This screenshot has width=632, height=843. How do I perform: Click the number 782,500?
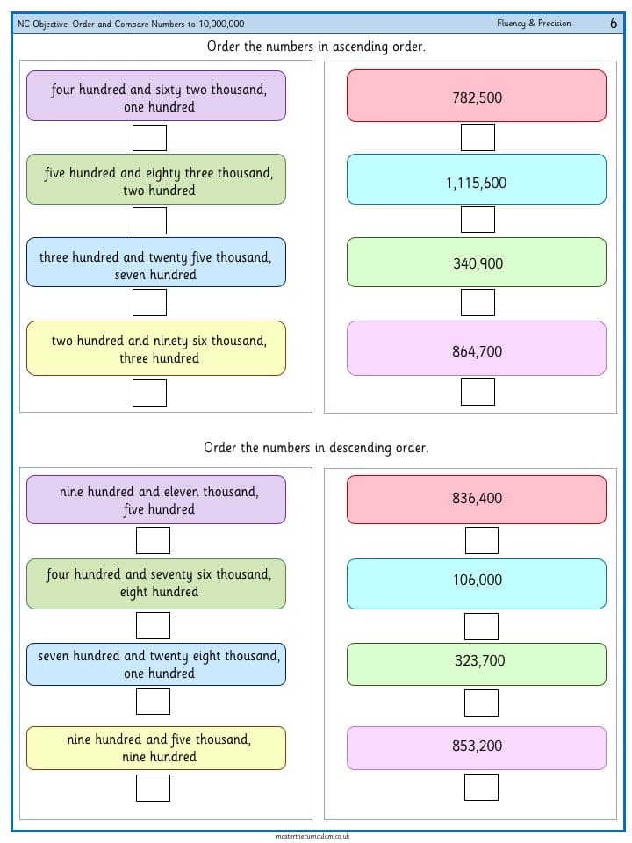coord(477,97)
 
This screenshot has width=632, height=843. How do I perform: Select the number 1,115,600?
coord(476,183)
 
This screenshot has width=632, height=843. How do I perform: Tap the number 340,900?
coord(478,263)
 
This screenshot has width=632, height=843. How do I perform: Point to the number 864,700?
coord(477,351)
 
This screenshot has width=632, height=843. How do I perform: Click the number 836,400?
coord(477,499)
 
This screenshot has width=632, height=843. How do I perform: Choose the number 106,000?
coord(478,580)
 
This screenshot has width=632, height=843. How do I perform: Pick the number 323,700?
coord(480,660)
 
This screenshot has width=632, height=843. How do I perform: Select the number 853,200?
coord(477,746)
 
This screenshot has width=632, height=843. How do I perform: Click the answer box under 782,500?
coord(478,138)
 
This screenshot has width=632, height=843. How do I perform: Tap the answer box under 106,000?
coord(481,626)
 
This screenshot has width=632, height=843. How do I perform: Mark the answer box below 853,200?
coord(481,787)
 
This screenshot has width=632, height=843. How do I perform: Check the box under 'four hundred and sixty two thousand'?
coord(149,138)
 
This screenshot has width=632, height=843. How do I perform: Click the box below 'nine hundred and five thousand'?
coord(153,789)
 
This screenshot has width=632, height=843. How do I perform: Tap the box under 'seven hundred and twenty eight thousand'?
coord(153,702)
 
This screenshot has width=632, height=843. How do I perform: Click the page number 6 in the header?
coord(614,23)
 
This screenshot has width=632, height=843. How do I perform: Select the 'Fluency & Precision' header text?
coord(534,23)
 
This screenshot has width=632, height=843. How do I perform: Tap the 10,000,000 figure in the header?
coord(221,24)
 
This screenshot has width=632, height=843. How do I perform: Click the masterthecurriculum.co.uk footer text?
coord(312,837)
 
